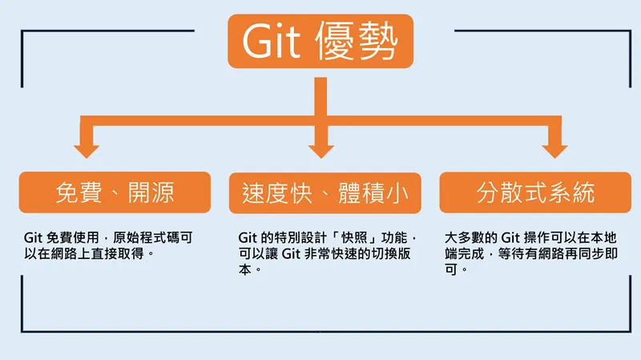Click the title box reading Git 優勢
click(320, 41)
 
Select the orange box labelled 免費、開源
click(115, 192)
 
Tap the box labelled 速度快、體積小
click(325, 193)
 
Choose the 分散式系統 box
click(535, 192)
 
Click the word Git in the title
click(272, 41)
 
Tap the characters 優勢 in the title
click(357, 41)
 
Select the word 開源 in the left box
click(151, 192)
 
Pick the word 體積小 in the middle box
click(373, 193)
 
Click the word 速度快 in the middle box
click(277, 193)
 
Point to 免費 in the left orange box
click(79, 192)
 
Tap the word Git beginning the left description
click(33, 237)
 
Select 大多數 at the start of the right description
click(465, 237)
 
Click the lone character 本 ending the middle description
click(245, 269)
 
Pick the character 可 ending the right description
click(451, 269)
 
